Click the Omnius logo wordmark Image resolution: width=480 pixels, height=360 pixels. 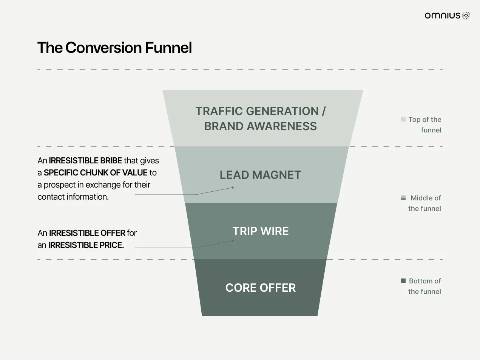pyautogui.click(x=442, y=15)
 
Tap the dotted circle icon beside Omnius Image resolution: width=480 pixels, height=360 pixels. pyautogui.click(x=466, y=15)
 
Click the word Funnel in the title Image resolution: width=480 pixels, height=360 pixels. pyautogui.click(x=168, y=48)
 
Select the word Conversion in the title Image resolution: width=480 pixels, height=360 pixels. pyautogui.click(x=103, y=48)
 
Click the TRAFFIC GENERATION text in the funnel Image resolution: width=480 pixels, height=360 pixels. pyautogui.click(x=257, y=111)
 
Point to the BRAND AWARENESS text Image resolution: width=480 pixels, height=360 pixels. pyautogui.click(x=261, y=126)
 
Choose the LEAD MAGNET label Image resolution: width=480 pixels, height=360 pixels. pyautogui.click(x=260, y=175)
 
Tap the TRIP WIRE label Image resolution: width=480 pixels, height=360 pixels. pyautogui.click(x=261, y=231)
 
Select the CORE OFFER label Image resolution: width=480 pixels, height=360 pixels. pyautogui.click(x=261, y=288)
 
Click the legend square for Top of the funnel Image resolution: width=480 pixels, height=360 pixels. pyautogui.click(x=403, y=119)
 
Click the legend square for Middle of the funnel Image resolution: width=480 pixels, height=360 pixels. pyautogui.click(x=403, y=198)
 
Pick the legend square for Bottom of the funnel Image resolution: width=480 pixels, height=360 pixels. pyautogui.click(x=403, y=281)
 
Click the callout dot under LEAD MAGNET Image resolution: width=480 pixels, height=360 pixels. pyautogui.click(x=233, y=188)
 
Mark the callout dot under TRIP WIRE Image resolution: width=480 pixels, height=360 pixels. pyautogui.click(x=233, y=241)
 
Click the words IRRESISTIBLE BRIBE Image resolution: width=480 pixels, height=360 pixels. pyautogui.click(x=85, y=160)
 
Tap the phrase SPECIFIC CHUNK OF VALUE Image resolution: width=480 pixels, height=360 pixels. pyautogui.click(x=96, y=172)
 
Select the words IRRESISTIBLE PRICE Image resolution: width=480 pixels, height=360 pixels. pyautogui.click(x=86, y=245)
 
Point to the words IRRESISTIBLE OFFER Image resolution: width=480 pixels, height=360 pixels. pyautogui.click(x=87, y=233)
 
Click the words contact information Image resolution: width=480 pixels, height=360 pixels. pyautogui.click(x=73, y=197)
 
